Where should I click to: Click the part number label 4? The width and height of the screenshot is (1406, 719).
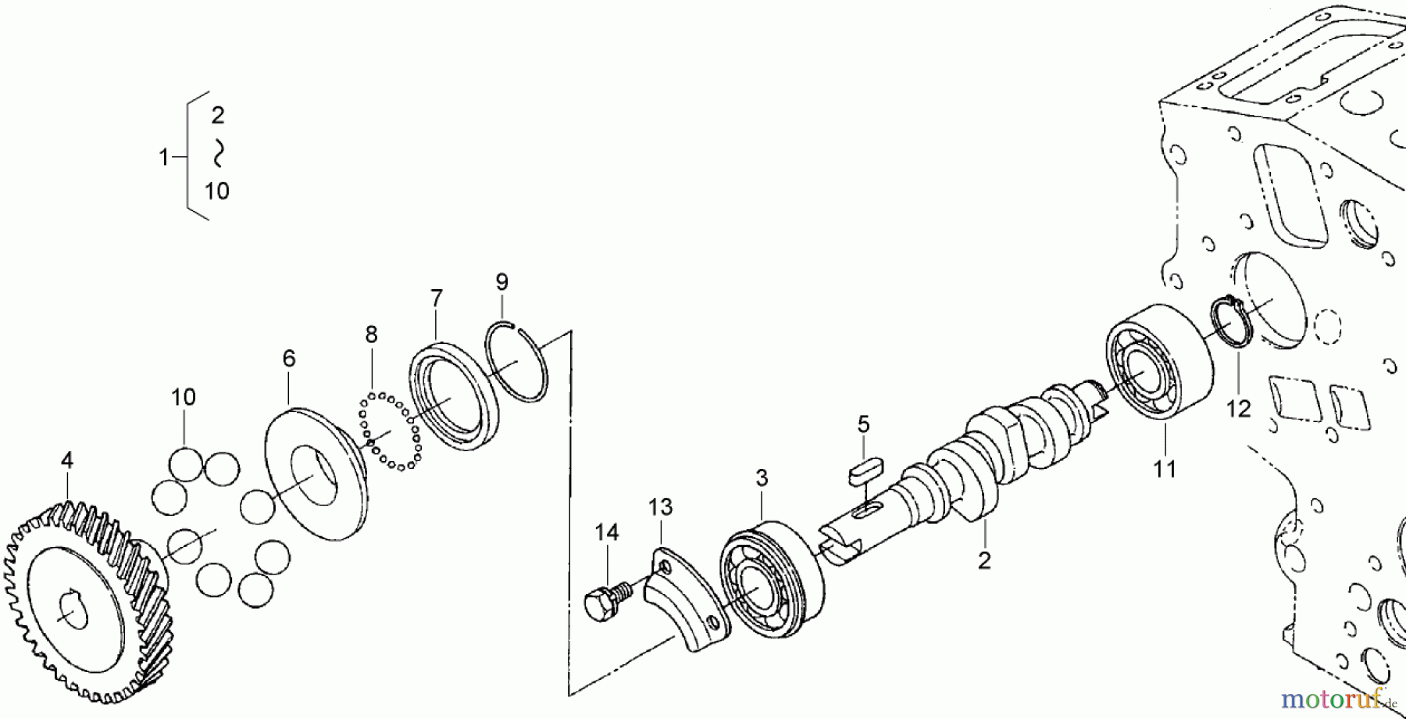coord(67,460)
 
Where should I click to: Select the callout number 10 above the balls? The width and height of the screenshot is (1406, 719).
coord(184,397)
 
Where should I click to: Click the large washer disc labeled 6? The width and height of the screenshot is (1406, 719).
coord(316,471)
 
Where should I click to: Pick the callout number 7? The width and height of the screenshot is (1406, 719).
coord(436,297)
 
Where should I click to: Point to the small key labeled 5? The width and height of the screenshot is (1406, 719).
coord(864,477)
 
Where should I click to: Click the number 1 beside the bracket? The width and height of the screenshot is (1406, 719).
coord(163,158)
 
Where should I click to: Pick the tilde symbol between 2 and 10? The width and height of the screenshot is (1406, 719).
coord(218,153)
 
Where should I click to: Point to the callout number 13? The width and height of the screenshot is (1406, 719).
coord(660,507)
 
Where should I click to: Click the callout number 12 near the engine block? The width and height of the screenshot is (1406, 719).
coord(1239,408)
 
